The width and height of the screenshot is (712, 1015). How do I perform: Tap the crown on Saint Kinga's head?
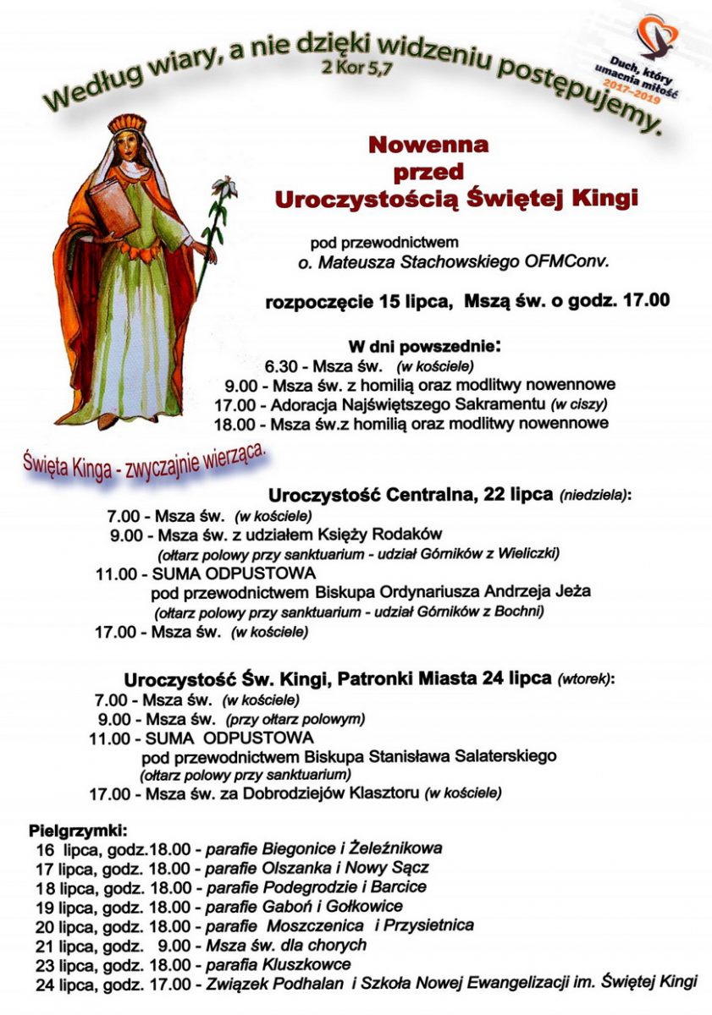127,126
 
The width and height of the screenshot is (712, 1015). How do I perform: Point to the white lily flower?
224,185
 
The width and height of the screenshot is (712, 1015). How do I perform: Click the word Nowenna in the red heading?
428,145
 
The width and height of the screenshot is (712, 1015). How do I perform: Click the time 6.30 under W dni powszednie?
283,367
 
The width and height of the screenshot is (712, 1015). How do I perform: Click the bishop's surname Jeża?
572,592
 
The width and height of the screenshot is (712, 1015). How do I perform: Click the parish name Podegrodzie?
284,887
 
